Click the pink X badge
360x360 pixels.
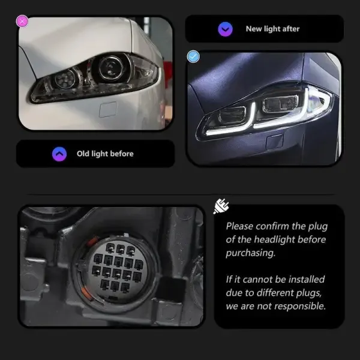click(22, 22)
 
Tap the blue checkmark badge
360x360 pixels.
click(193, 56)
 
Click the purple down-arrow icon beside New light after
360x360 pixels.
click(225, 29)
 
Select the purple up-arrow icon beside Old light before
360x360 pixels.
click(59, 154)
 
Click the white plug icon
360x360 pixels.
click(221, 206)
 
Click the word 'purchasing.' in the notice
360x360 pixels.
click(250, 253)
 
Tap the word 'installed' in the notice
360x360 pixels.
click(307, 280)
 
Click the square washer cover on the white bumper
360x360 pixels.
click(108, 110)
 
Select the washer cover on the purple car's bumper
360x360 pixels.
click(274, 142)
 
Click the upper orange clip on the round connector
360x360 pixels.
click(93, 241)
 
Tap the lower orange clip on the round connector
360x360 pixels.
click(86, 293)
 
